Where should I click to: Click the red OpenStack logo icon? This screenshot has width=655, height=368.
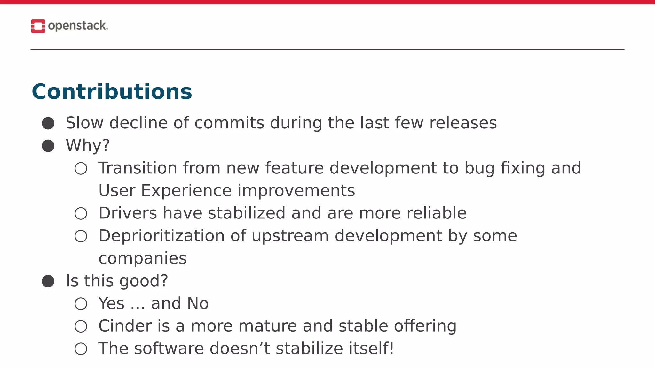click(38, 26)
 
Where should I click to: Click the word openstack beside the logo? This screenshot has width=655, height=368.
click(77, 26)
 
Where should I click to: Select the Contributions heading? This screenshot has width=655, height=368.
click(112, 92)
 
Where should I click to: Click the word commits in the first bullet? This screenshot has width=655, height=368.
click(229, 123)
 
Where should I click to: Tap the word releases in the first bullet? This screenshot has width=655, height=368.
click(463, 123)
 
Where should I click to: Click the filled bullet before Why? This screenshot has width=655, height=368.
click(48, 146)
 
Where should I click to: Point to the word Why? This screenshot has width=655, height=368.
click(88, 146)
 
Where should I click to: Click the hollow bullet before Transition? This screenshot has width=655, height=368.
click(81, 168)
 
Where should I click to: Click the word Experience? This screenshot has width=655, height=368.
click(186, 191)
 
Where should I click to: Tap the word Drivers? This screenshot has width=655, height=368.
click(128, 213)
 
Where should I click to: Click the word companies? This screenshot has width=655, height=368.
click(142, 258)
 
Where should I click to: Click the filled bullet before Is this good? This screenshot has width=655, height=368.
click(48, 281)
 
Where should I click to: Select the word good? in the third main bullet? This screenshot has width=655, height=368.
click(144, 281)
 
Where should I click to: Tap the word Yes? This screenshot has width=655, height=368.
click(111, 303)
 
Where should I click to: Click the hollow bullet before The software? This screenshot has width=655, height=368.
click(81, 349)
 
